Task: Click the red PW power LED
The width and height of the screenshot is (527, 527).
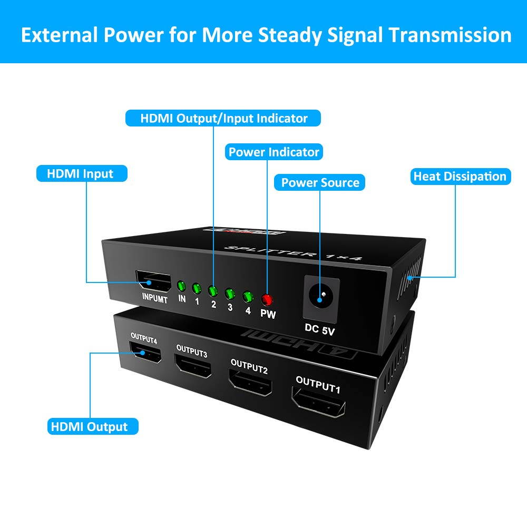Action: tap(267, 300)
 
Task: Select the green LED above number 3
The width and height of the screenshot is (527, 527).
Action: tap(230, 293)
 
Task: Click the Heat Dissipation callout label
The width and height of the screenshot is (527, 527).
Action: tap(460, 177)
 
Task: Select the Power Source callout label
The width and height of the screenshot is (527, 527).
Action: tap(320, 183)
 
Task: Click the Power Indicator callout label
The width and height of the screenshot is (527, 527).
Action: tap(274, 152)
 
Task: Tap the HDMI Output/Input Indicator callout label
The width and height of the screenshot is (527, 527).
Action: tap(223, 118)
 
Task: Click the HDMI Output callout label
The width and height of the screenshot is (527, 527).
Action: tap(88, 426)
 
